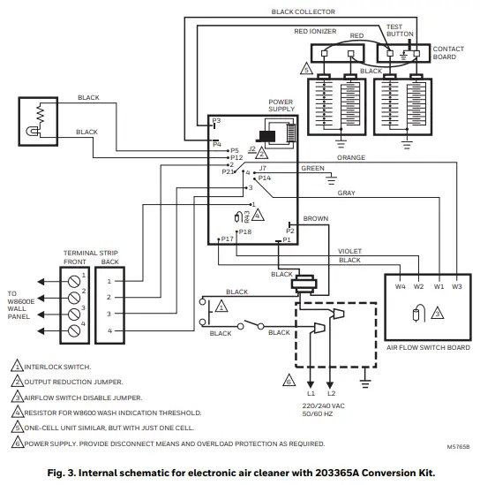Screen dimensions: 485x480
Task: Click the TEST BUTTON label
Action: click(x=400, y=30)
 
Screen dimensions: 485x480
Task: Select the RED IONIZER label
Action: click(x=314, y=30)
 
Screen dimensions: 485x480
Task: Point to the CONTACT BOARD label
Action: click(x=445, y=52)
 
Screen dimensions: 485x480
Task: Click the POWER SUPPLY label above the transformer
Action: click(x=281, y=105)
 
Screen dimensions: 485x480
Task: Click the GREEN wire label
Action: click(x=312, y=168)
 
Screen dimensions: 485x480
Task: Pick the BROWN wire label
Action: click(x=315, y=218)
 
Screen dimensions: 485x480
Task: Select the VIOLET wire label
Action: click(x=350, y=251)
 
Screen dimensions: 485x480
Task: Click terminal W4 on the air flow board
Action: click(x=400, y=287)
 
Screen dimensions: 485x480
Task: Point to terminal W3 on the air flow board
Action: click(x=456, y=287)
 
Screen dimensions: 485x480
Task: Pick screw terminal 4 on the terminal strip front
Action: click(x=72, y=330)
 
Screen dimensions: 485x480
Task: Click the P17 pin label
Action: click(x=227, y=239)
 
